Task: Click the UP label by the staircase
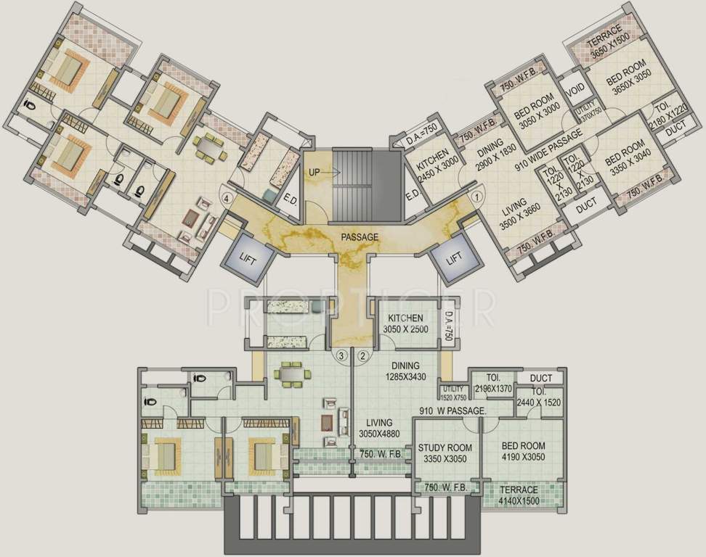(x=315, y=173)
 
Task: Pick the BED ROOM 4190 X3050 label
(x=523, y=450)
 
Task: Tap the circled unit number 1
(x=478, y=195)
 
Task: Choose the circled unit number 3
(x=341, y=355)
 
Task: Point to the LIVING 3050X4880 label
(x=378, y=428)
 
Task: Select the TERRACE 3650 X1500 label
(x=606, y=36)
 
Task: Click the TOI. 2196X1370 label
(x=492, y=384)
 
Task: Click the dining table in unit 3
(x=291, y=372)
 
